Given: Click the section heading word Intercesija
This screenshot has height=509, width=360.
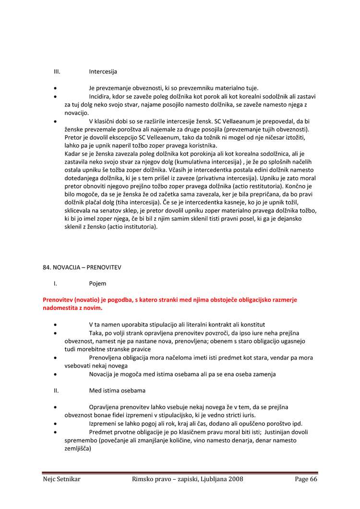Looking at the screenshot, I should click(103, 71).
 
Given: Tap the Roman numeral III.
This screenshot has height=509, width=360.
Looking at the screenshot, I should click(57, 71).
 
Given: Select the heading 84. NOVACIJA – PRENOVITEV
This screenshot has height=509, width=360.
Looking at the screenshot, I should click(82, 267).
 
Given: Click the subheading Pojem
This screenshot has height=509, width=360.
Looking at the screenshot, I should click(97, 284).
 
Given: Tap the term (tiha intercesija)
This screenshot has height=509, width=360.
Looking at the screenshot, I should click(137, 202).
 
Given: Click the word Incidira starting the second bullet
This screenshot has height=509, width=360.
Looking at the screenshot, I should click(102, 96).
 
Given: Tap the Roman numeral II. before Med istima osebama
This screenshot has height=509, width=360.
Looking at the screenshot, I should click(56, 391).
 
